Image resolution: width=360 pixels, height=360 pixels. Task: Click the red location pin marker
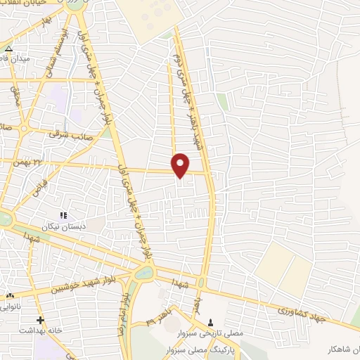pos(181,165)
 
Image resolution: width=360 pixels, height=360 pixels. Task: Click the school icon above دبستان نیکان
pos(63,215)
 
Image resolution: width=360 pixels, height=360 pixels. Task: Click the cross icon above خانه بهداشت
pos(41,320)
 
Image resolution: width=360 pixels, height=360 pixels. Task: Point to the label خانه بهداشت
pos(41,330)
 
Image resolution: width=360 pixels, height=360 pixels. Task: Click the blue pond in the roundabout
pos(144,271)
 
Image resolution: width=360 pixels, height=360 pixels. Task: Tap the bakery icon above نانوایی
pos(10,296)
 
